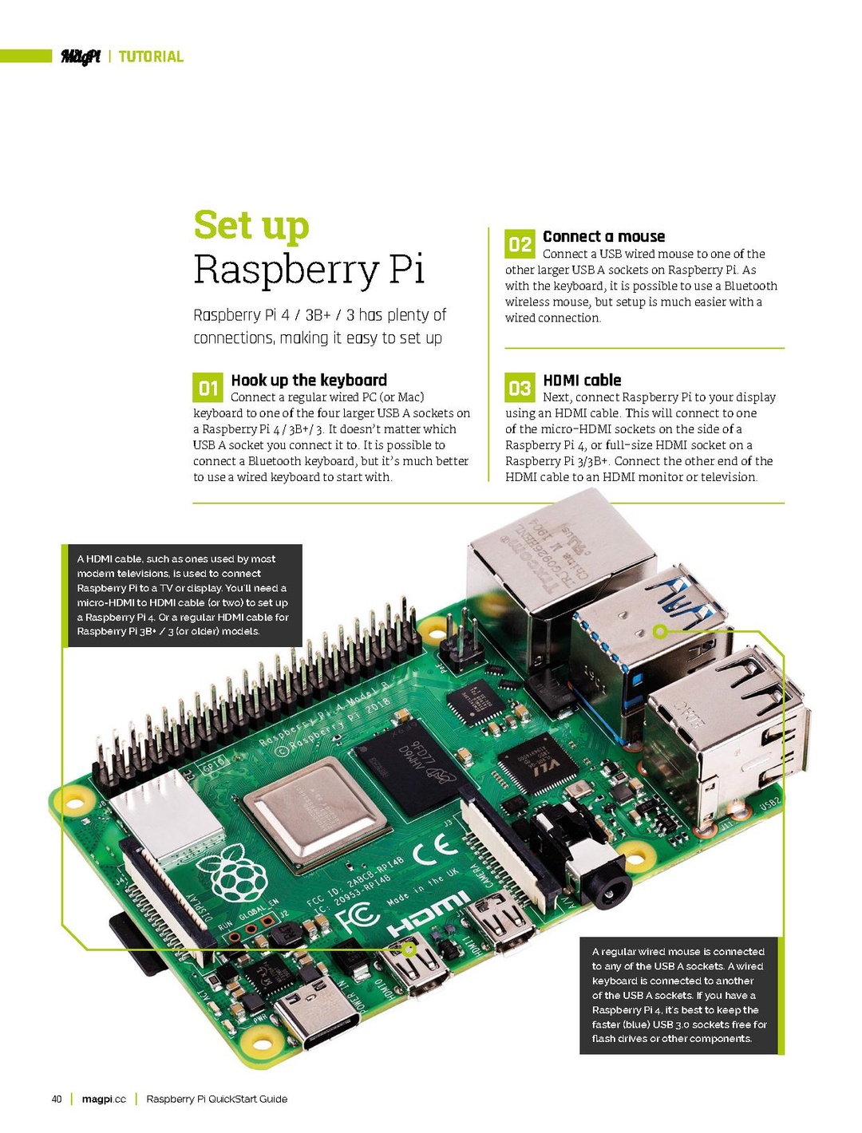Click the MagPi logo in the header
pos(81,57)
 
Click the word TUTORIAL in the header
pos(151,57)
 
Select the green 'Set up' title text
pos(251,225)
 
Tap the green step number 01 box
pos(208,388)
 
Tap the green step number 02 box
pos(520,244)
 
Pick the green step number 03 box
pos(520,388)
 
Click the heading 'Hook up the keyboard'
pos(309,380)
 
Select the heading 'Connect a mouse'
pos(603,236)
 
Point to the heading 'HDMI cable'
pos(582,380)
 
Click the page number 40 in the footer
pos(57,1099)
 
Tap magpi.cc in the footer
pos(104,1099)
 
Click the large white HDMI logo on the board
pos(429,916)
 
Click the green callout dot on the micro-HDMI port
pos(409,949)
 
